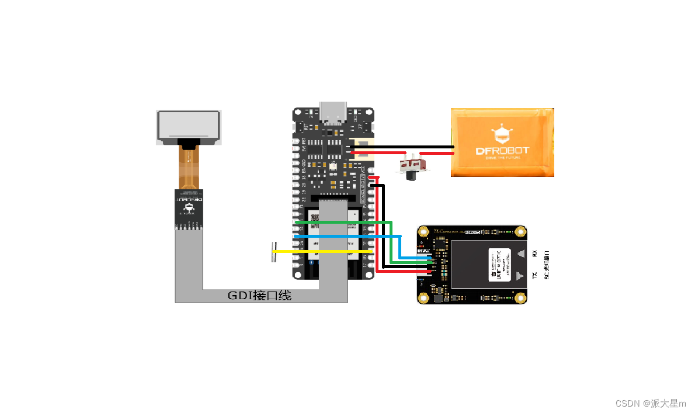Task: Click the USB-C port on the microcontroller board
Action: [332, 112]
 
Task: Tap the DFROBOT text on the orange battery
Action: [502, 151]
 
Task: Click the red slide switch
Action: [414, 165]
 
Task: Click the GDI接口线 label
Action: [259, 296]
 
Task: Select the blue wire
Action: [345, 236]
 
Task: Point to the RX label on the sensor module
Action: [534, 253]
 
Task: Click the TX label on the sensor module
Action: [534, 275]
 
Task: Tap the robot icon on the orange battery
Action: [502, 134]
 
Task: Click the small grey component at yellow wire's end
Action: [273, 252]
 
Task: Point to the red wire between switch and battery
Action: [437, 153]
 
